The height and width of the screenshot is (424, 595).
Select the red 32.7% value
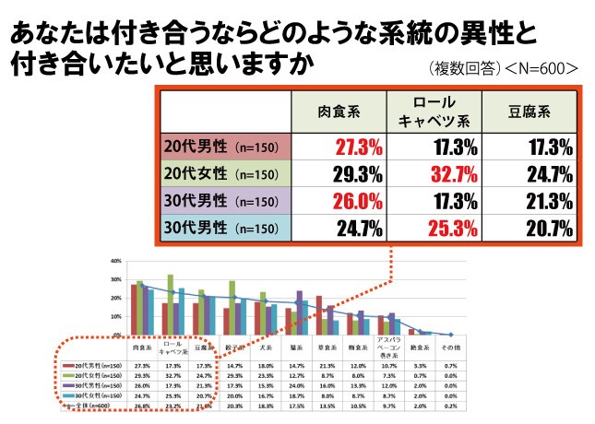pos(446,174)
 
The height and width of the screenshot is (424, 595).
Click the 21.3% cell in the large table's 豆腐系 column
pos(545,200)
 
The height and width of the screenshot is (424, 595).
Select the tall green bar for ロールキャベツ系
pos(170,304)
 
